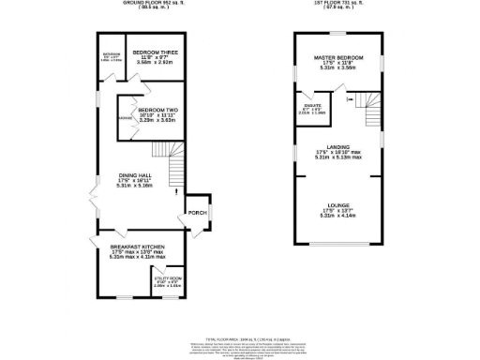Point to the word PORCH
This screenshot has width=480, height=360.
(197, 213)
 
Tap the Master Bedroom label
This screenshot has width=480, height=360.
(337, 57)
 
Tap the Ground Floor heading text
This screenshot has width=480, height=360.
(150, 4)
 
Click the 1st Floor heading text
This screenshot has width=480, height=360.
(338, 4)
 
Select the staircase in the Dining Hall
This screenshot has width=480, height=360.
(177, 172)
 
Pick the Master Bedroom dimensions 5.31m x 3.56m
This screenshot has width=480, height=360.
(337, 68)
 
